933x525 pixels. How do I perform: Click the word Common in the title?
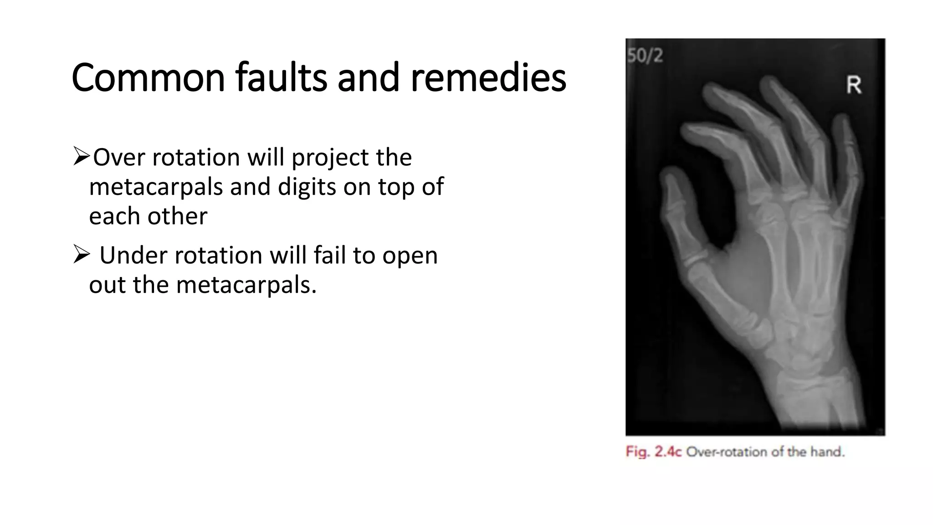pos(148,77)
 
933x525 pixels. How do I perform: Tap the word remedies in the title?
pos(488,77)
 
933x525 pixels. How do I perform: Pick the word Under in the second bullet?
pos(133,255)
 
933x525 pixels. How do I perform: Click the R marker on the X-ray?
pos(854,85)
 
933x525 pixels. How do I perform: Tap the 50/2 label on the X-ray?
pos(645,56)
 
